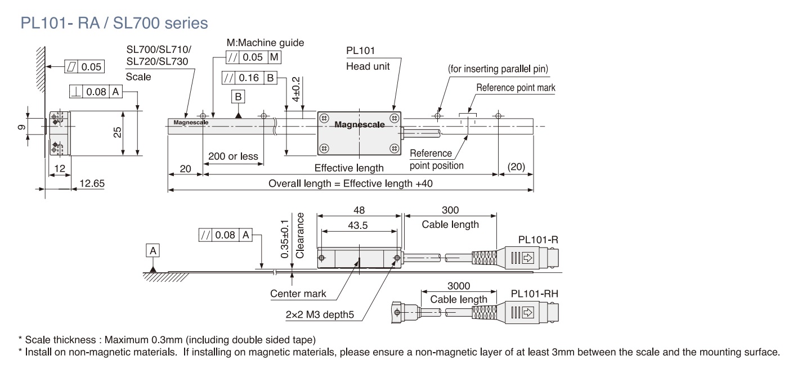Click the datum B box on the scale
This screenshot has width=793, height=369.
coord(239,97)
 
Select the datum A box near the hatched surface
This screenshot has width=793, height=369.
coord(153,250)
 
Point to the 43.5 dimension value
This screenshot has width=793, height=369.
coord(359,225)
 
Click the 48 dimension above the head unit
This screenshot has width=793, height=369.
coord(359,210)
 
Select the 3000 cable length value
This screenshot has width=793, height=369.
coord(459,286)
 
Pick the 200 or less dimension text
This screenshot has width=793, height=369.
coord(233,156)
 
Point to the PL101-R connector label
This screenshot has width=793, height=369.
coord(538,240)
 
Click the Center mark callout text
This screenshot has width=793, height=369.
coord(298,294)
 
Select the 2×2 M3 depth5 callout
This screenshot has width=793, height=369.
coord(319,315)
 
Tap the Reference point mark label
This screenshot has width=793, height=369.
coord(516,88)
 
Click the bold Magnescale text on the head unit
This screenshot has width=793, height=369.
coord(360,125)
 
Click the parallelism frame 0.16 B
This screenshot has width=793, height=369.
coord(249,78)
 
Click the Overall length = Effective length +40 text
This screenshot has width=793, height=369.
coord(350,184)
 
